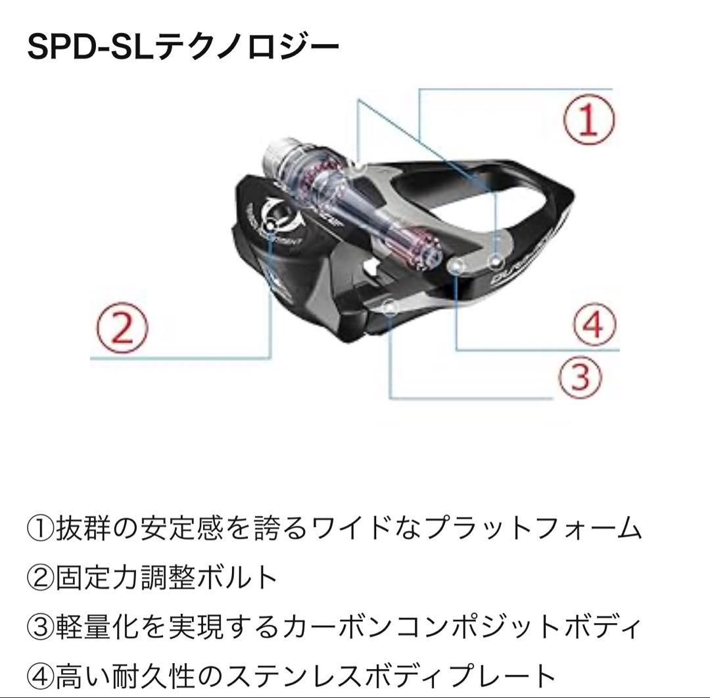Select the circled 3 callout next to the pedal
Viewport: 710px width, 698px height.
580,375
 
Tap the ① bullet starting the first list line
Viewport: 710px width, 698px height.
41,528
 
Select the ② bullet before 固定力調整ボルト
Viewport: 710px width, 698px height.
41,578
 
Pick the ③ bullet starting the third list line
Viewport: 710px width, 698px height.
41,627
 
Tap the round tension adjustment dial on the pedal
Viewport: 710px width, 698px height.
275,210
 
